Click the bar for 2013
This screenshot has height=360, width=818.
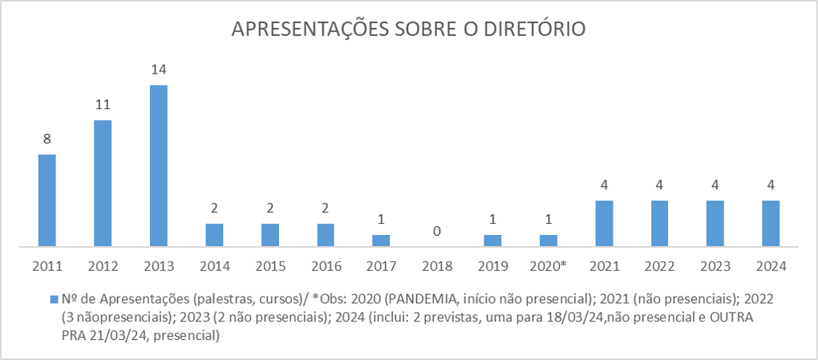tap(159, 165)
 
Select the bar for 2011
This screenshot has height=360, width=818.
tap(47, 200)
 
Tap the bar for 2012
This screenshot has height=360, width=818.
tap(103, 183)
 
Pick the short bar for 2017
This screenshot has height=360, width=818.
tap(381, 240)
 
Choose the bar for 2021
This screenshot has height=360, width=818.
tap(604, 223)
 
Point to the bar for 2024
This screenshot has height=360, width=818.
tap(771, 223)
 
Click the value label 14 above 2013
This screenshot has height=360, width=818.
tap(159, 70)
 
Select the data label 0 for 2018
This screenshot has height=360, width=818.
tap(436, 231)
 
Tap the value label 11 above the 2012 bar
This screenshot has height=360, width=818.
tap(103, 105)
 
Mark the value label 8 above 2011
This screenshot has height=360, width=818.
tap(47, 139)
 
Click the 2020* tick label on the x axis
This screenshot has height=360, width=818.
tap(549, 265)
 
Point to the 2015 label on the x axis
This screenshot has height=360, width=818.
tap(269, 265)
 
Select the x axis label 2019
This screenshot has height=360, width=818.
tap(492, 265)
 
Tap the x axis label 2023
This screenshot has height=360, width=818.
tap(715, 265)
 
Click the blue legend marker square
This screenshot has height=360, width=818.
tap(54, 298)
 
